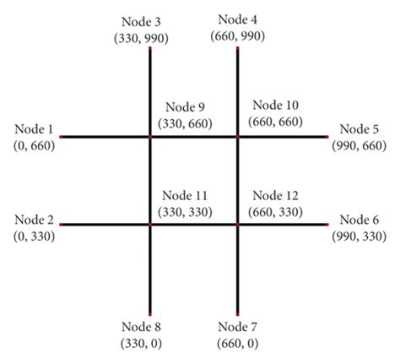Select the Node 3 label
pos(150,19)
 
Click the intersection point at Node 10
pos(237,136)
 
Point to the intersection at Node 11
pos(150,225)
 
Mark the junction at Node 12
pos(237,225)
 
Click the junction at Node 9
pos(150,136)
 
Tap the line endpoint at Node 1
pos(62,136)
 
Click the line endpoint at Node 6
pos(326,225)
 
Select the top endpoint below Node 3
pos(150,49)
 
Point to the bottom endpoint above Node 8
pos(150,313)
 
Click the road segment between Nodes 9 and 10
pos(194,136)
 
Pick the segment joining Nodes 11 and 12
pos(194,225)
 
